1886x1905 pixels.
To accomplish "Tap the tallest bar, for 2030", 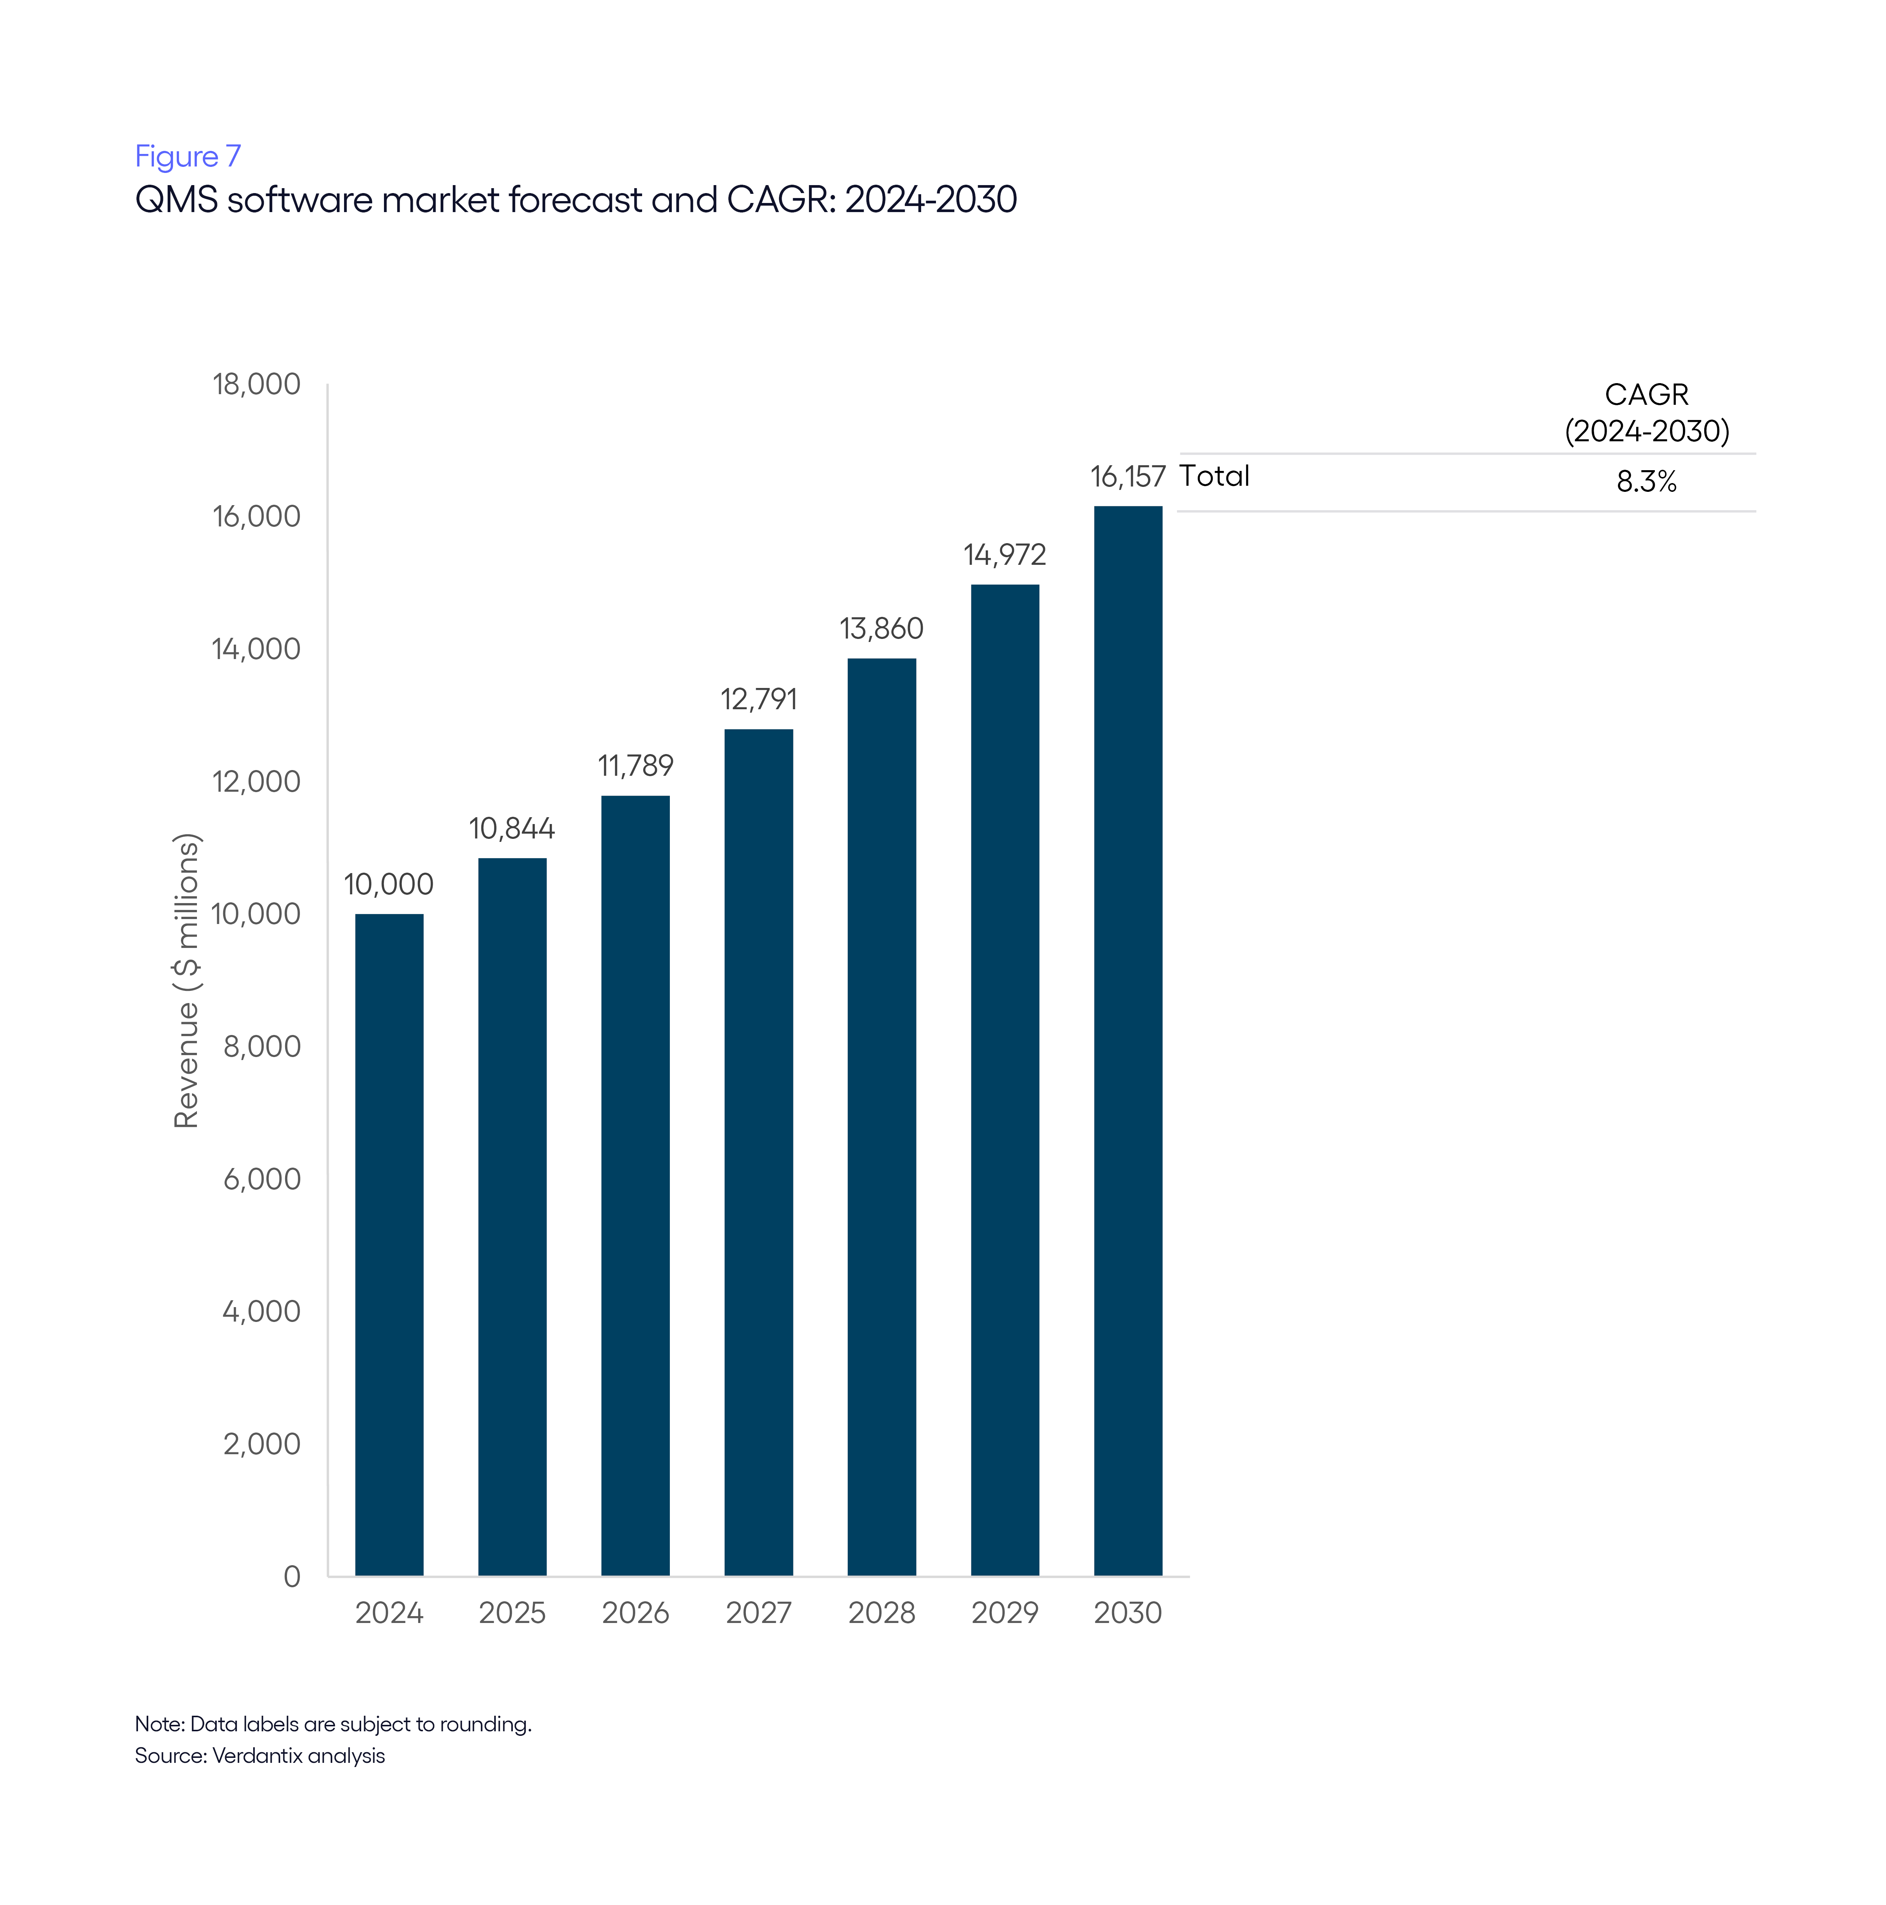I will coord(1128,1040).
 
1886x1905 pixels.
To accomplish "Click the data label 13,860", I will coord(881,628).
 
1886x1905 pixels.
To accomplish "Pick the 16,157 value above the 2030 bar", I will coord(1128,477).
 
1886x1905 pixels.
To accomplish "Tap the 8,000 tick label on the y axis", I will coord(262,1046).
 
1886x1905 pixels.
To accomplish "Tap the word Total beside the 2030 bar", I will coord(1214,476).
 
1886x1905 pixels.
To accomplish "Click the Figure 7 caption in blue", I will coord(187,156).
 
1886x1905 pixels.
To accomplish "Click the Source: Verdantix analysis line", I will coord(259,1755).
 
